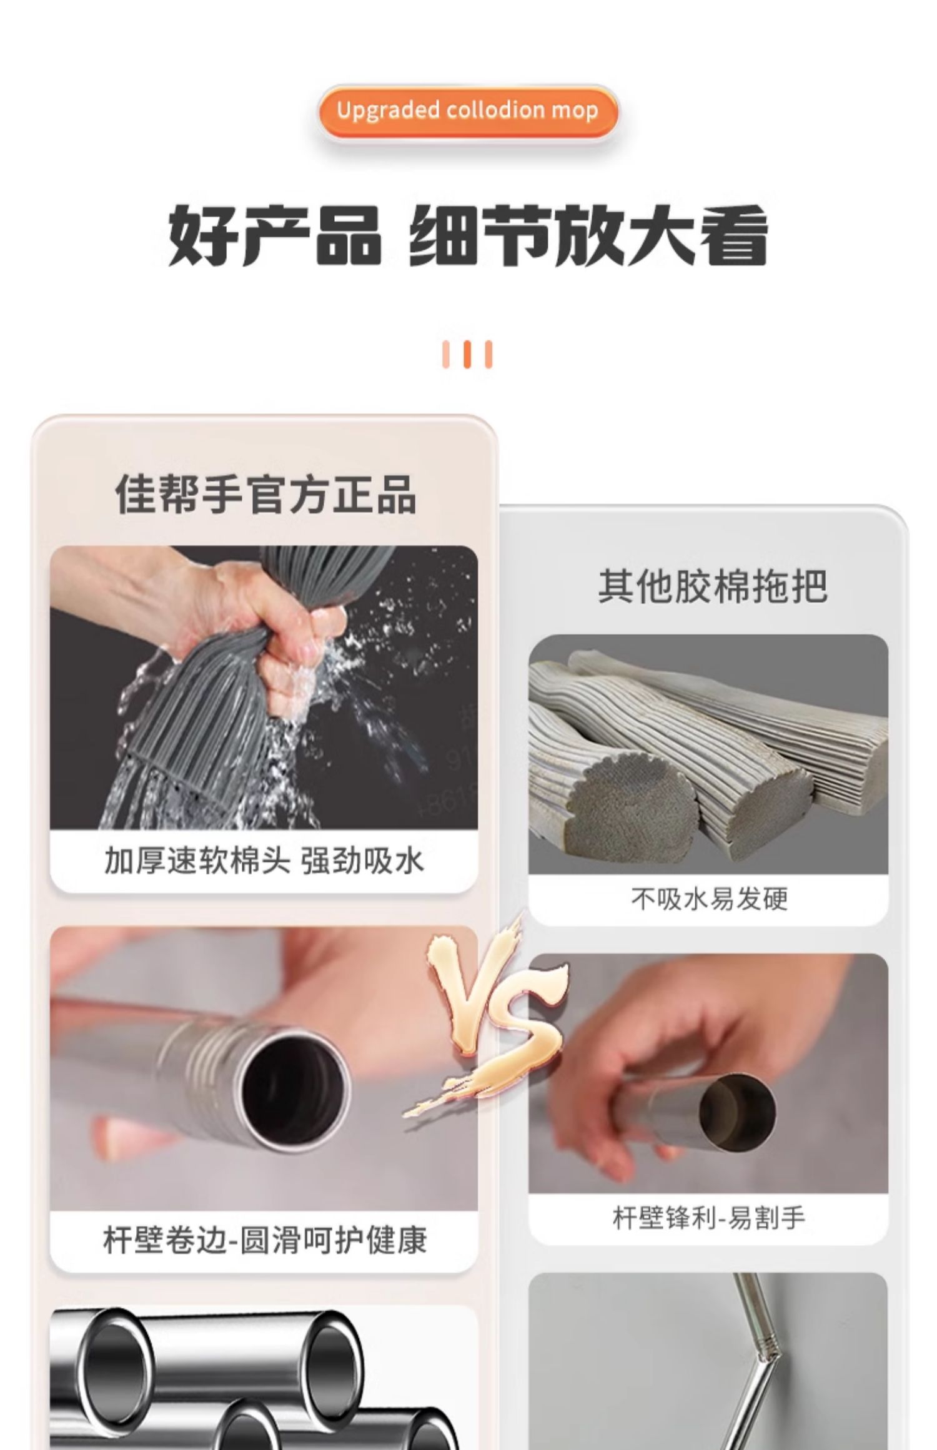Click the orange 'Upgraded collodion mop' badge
(x=467, y=111)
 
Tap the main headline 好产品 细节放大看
(x=467, y=236)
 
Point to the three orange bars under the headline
(x=467, y=354)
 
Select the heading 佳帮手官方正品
(x=265, y=494)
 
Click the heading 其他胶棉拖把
(x=712, y=585)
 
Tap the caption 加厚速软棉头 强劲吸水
(x=264, y=861)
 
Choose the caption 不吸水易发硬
(x=709, y=899)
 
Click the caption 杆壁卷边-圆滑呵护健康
(x=265, y=1240)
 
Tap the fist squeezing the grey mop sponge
(x=294, y=637)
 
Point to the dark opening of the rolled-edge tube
(x=292, y=1087)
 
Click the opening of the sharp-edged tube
(x=737, y=1109)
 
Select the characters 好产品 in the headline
(x=274, y=236)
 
